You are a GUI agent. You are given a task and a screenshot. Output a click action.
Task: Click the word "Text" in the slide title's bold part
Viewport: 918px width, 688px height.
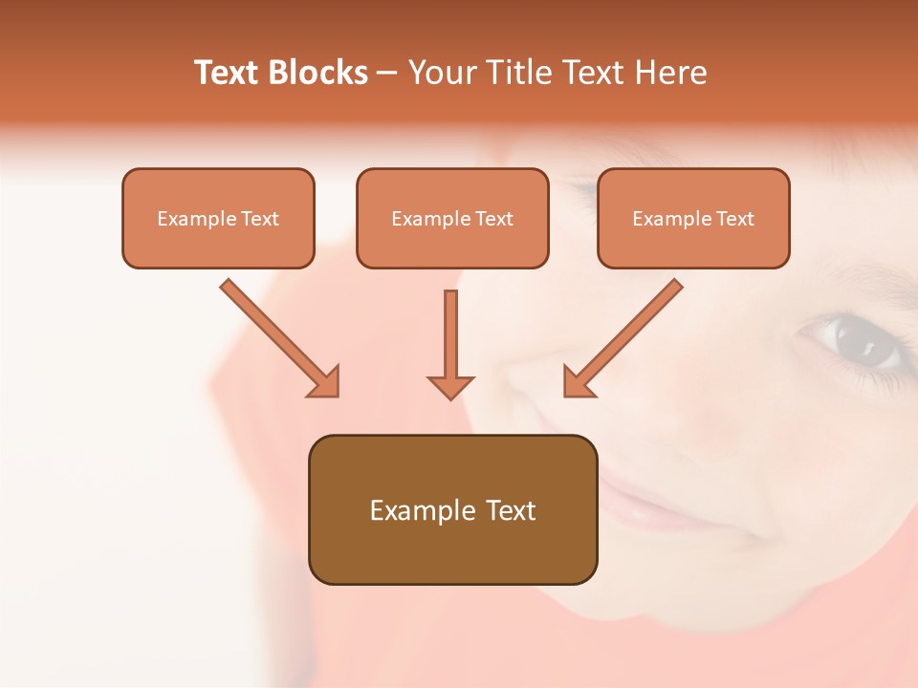point(226,73)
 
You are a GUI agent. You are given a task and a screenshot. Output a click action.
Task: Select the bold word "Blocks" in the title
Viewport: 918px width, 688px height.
point(317,73)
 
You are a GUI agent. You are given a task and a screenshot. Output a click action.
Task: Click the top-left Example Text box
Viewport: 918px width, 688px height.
point(218,219)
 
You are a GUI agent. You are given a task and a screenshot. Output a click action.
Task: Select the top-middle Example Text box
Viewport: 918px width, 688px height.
point(452,219)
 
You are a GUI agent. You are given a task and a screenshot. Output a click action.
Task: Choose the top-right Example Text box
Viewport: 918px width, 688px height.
point(693,219)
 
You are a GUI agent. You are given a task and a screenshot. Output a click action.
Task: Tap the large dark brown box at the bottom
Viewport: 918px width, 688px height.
point(452,510)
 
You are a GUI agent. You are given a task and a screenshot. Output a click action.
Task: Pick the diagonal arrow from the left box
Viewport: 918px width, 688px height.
point(279,337)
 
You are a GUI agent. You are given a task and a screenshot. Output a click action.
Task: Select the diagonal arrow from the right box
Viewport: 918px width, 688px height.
point(623,337)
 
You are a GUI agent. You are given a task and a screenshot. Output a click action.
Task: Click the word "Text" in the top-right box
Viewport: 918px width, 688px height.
point(735,219)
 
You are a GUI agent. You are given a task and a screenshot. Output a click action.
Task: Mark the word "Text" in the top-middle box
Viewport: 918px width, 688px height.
point(494,219)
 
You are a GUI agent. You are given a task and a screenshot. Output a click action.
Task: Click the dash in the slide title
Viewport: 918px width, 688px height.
point(387,73)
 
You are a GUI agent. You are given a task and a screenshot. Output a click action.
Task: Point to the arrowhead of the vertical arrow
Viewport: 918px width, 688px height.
point(450,386)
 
